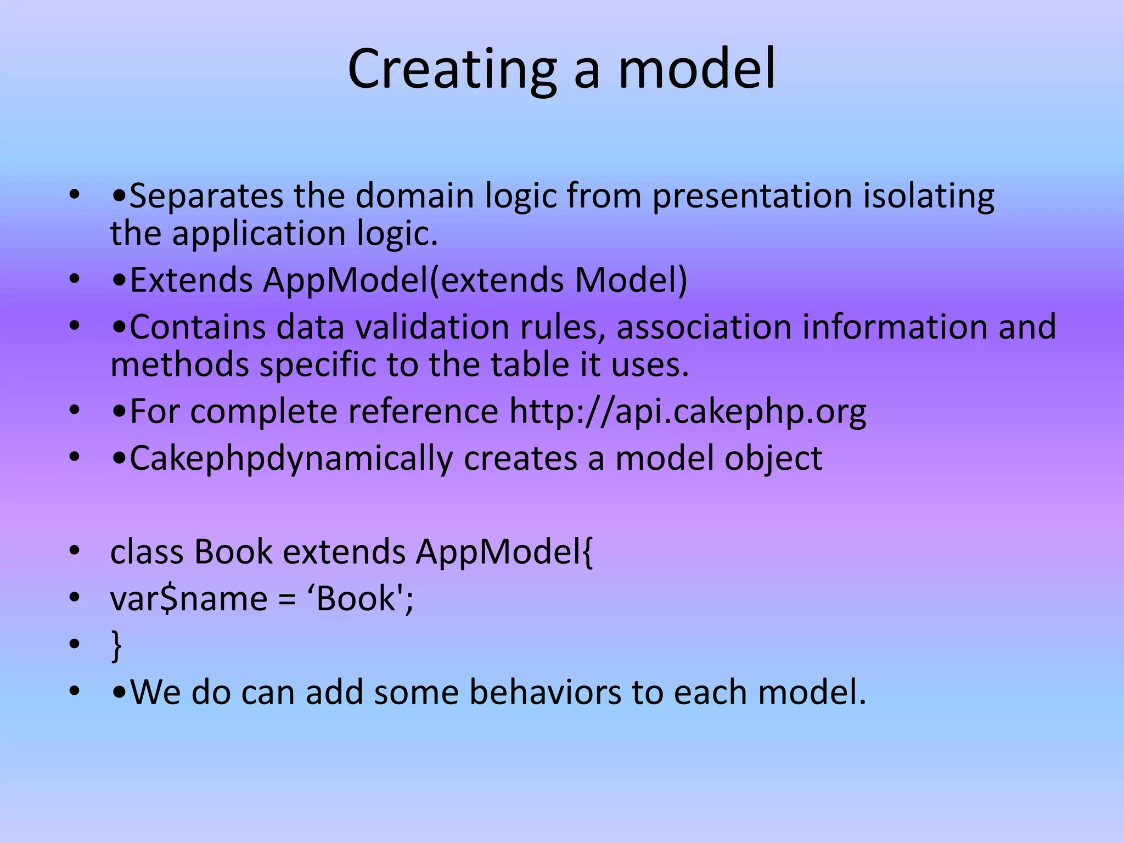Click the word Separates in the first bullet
click(206, 196)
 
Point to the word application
click(259, 234)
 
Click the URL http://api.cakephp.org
click(688, 412)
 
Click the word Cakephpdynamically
click(291, 459)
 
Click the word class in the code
click(147, 552)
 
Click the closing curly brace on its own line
click(116, 645)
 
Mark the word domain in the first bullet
click(414, 196)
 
